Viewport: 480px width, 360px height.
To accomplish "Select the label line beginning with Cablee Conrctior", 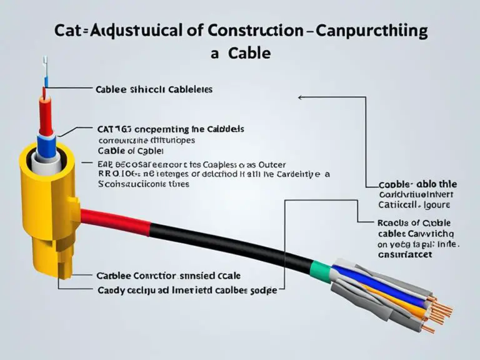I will click(168, 275).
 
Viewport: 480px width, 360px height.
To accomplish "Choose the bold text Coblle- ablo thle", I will click(417, 184).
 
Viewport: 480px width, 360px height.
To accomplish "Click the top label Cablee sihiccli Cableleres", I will click(154, 89).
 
